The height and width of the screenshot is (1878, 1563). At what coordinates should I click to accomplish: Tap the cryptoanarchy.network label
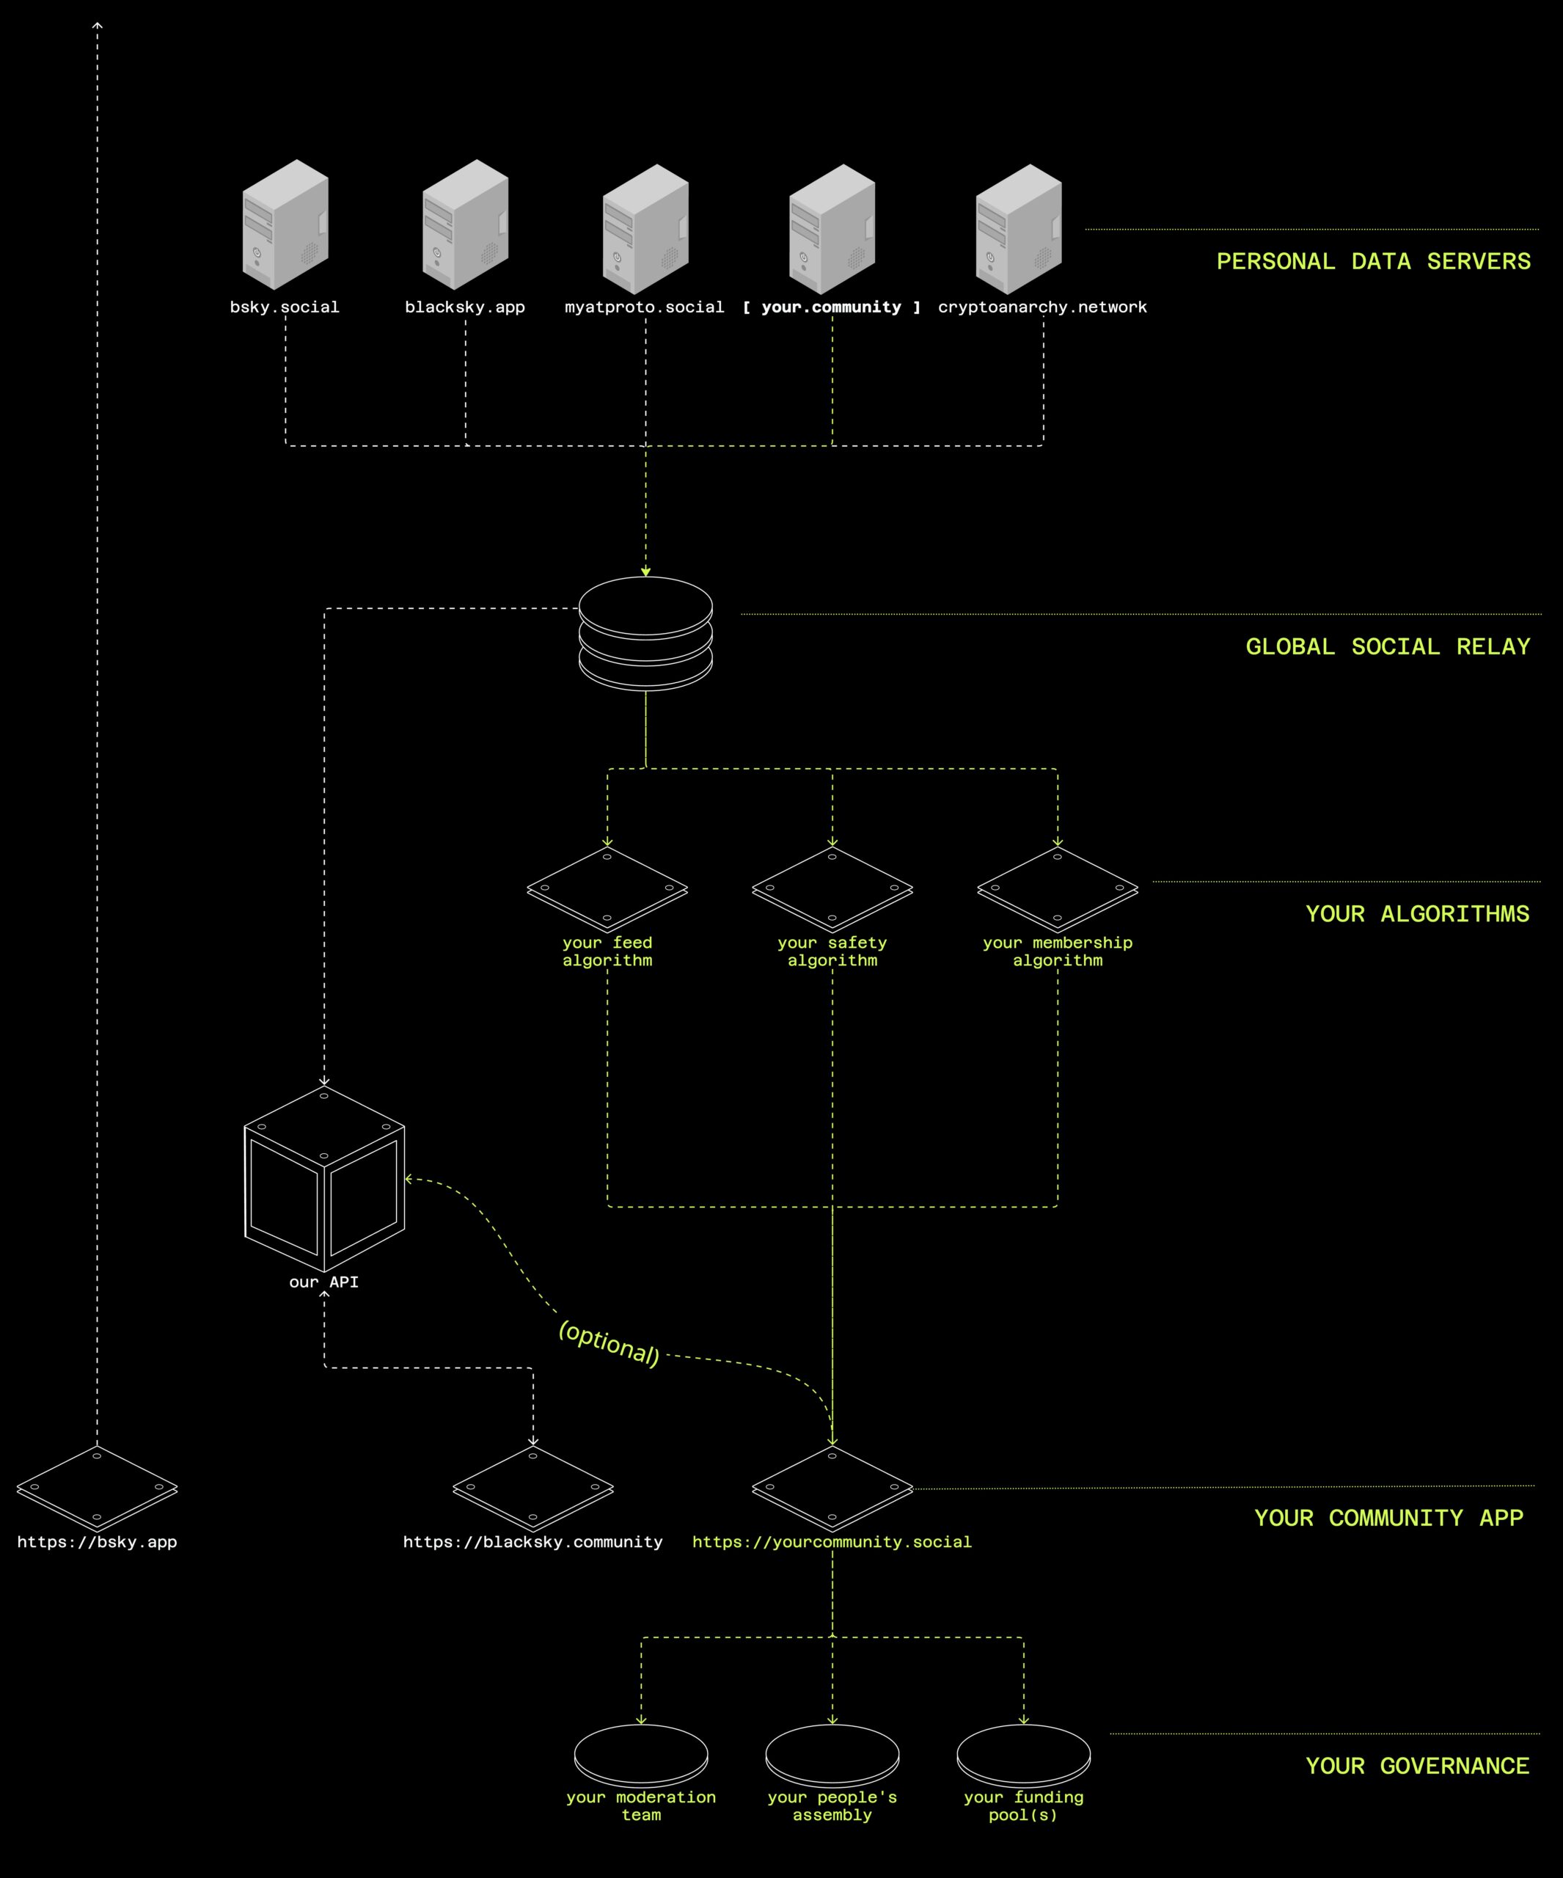pos(1042,307)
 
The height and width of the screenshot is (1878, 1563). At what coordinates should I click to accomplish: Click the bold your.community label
pos(832,307)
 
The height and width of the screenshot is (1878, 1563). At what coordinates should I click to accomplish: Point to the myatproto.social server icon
pos(645,229)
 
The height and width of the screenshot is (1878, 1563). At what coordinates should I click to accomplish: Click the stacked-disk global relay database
pos(645,633)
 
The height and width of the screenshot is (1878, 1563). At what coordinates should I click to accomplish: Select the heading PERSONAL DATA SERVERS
pos(1374,261)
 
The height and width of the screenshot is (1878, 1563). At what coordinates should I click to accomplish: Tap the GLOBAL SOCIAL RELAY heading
pos(1388,646)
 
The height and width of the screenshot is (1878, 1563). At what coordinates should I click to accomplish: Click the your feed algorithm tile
pos(607,890)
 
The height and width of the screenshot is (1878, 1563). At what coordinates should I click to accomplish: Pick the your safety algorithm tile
pos(832,890)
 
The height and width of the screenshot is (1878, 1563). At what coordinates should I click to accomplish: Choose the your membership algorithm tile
pos(1058,890)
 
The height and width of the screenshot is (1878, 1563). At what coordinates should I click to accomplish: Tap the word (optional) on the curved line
pos(609,1344)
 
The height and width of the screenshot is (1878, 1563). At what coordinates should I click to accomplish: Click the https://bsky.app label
pos(98,1542)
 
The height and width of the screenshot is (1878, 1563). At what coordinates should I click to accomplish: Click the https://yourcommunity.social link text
pos(832,1542)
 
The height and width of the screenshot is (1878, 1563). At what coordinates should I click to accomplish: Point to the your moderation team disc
pos(641,1755)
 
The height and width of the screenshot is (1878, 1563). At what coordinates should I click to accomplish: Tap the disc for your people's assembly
pos(832,1755)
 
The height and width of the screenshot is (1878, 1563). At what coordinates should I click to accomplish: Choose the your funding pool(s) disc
pos(1024,1755)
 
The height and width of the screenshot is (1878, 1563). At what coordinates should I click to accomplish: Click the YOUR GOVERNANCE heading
pos(1417,1766)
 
